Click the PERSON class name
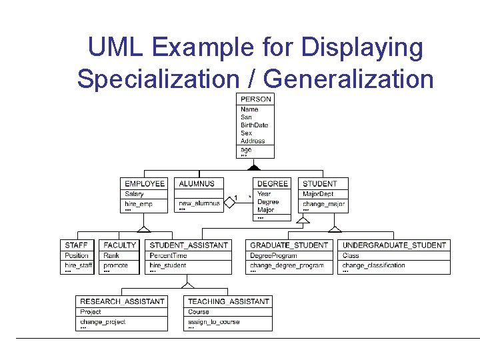tap(256, 99)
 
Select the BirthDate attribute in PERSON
tap(254, 125)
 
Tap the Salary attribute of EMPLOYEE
tap(134, 194)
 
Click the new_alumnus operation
tap(199, 203)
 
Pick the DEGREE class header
tap(273, 183)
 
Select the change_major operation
tap(323, 203)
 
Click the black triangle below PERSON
tap(254, 167)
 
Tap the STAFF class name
tap(76, 245)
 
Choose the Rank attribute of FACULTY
tap(111, 255)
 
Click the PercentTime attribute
tap(168, 255)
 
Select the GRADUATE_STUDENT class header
tap(289, 245)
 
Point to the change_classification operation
tap(373, 265)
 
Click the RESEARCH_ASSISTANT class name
tap(122, 301)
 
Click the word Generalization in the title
tap(349, 78)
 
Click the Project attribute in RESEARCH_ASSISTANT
tap(91, 311)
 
